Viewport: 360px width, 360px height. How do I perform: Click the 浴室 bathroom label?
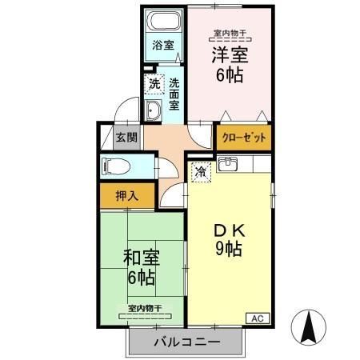162,46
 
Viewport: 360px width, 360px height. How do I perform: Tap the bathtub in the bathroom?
163,22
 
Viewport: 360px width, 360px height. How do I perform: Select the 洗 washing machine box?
152,82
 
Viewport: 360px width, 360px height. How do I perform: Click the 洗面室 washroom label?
174,94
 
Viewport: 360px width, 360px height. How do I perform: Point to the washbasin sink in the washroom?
154,110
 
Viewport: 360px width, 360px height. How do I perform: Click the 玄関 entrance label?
126,137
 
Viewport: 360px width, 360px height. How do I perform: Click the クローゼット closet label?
242,137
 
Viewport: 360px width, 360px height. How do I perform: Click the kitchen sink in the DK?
227,165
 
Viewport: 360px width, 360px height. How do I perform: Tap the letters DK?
227,229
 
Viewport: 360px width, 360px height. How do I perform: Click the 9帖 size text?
227,248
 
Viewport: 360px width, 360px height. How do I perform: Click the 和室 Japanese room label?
141,258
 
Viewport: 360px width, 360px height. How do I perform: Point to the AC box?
257,318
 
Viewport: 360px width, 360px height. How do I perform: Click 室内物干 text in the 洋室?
227,33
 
